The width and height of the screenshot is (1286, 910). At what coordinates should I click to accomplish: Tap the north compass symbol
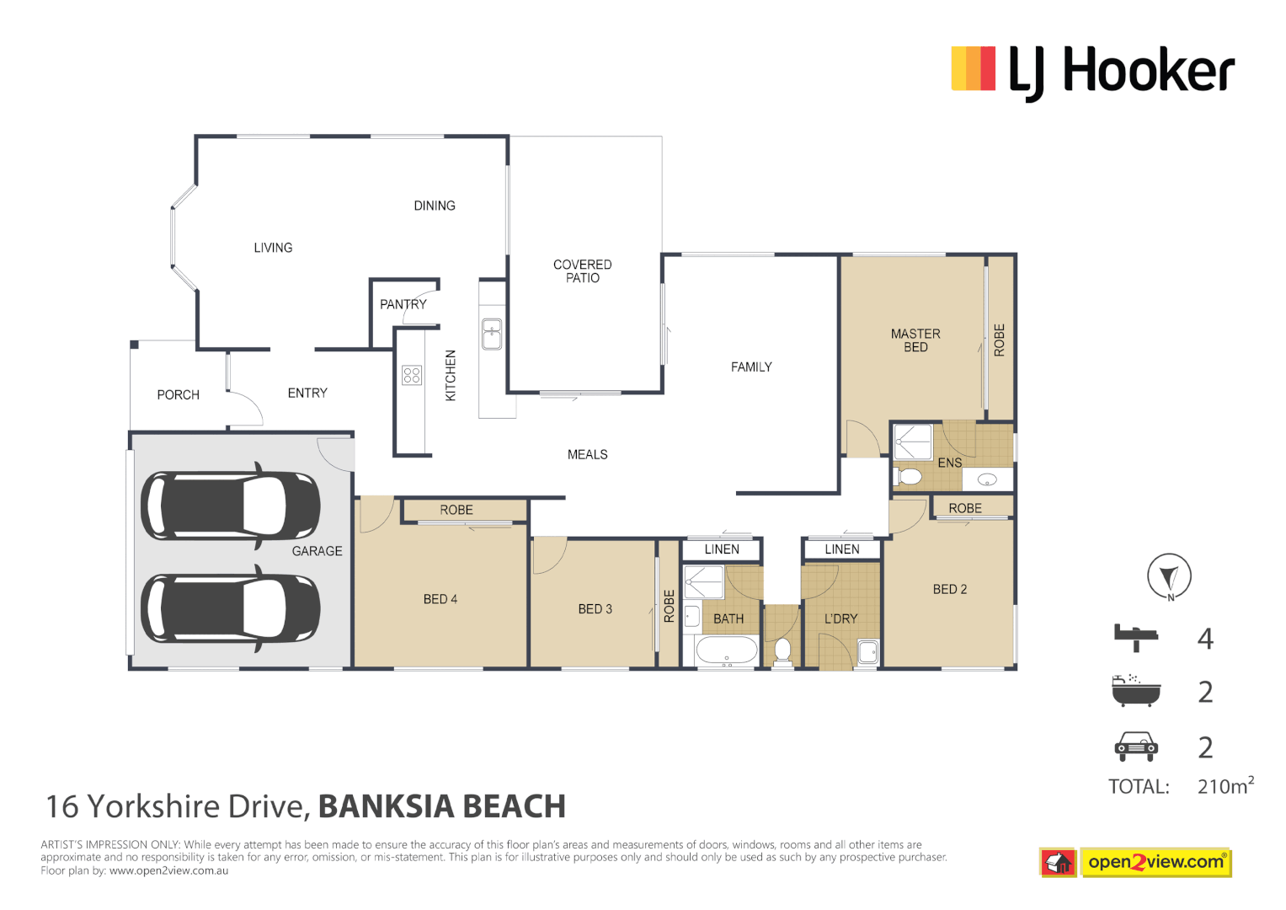point(1169,577)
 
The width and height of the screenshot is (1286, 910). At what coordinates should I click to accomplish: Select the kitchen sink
point(492,334)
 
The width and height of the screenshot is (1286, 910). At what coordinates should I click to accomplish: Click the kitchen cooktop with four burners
point(412,375)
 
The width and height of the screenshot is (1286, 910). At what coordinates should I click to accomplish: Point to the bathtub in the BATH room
point(727,650)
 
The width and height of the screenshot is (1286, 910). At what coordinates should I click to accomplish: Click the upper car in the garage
point(230,506)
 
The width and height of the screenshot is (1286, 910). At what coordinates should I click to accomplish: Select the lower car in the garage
point(230,609)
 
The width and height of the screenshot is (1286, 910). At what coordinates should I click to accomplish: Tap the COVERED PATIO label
point(582,271)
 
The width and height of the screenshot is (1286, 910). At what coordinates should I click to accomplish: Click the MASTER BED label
point(915,340)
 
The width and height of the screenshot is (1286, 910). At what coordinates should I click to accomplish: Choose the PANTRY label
point(403,304)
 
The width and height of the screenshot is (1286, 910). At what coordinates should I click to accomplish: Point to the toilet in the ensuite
point(909,477)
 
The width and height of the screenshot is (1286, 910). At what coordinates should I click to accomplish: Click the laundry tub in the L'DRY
point(867,651)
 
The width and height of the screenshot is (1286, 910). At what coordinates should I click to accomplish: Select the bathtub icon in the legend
point(1136,691)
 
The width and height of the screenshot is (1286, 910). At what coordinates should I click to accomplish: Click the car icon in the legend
point(1136,746)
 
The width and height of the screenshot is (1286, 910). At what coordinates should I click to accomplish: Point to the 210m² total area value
point(1225,786)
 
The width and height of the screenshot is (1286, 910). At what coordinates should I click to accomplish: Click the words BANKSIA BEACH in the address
point(441,806)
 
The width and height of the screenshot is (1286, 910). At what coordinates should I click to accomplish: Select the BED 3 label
point(595,609)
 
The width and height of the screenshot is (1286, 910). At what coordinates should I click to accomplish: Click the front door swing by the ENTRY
point(245,409)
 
